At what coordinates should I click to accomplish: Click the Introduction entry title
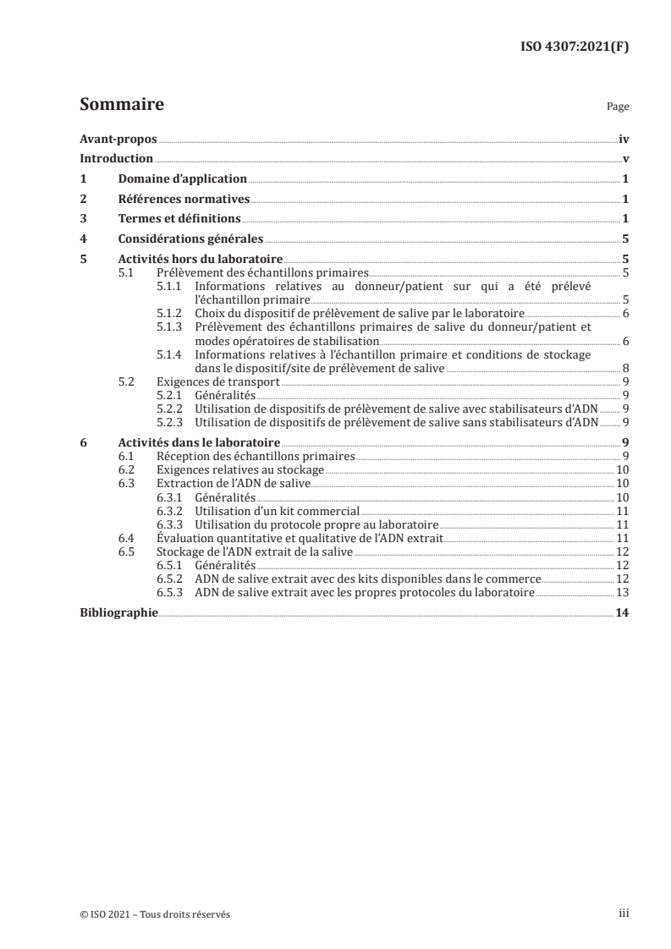click(116, 158)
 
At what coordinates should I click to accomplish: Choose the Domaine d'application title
click(182, 178)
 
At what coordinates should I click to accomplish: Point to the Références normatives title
click(184, 199)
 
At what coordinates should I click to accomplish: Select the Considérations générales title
click(190, 239)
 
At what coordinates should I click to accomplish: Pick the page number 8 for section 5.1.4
click(624, 369)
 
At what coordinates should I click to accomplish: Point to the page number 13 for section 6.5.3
click(621, 593)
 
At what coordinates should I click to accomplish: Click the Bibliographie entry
click(118, 612)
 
